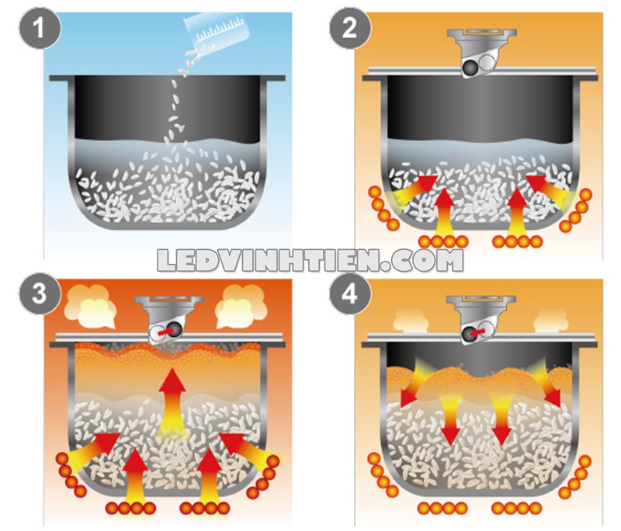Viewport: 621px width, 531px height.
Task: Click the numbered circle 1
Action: pyautogui.click(x=40, y=28)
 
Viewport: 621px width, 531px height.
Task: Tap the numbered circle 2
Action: pyautogui.click(x=350, y=28)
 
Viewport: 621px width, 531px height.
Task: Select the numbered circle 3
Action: pyautogui.click(x=40, y=294)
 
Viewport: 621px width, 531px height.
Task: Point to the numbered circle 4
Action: pyautogui.click(x=350, y=294)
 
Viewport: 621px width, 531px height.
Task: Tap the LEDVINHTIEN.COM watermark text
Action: pyautogui.click(x=310, y=260)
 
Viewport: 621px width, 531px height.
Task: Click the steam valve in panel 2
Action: pyautogui.click(x=481, y=52)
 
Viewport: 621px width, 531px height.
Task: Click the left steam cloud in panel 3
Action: pyautogui.click(x=89, y=306)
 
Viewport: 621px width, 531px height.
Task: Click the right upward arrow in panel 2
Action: pyautogui.click(x=518, y=213)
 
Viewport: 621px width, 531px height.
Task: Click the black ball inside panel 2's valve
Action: pyautogui.click(x=470, y=68)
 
